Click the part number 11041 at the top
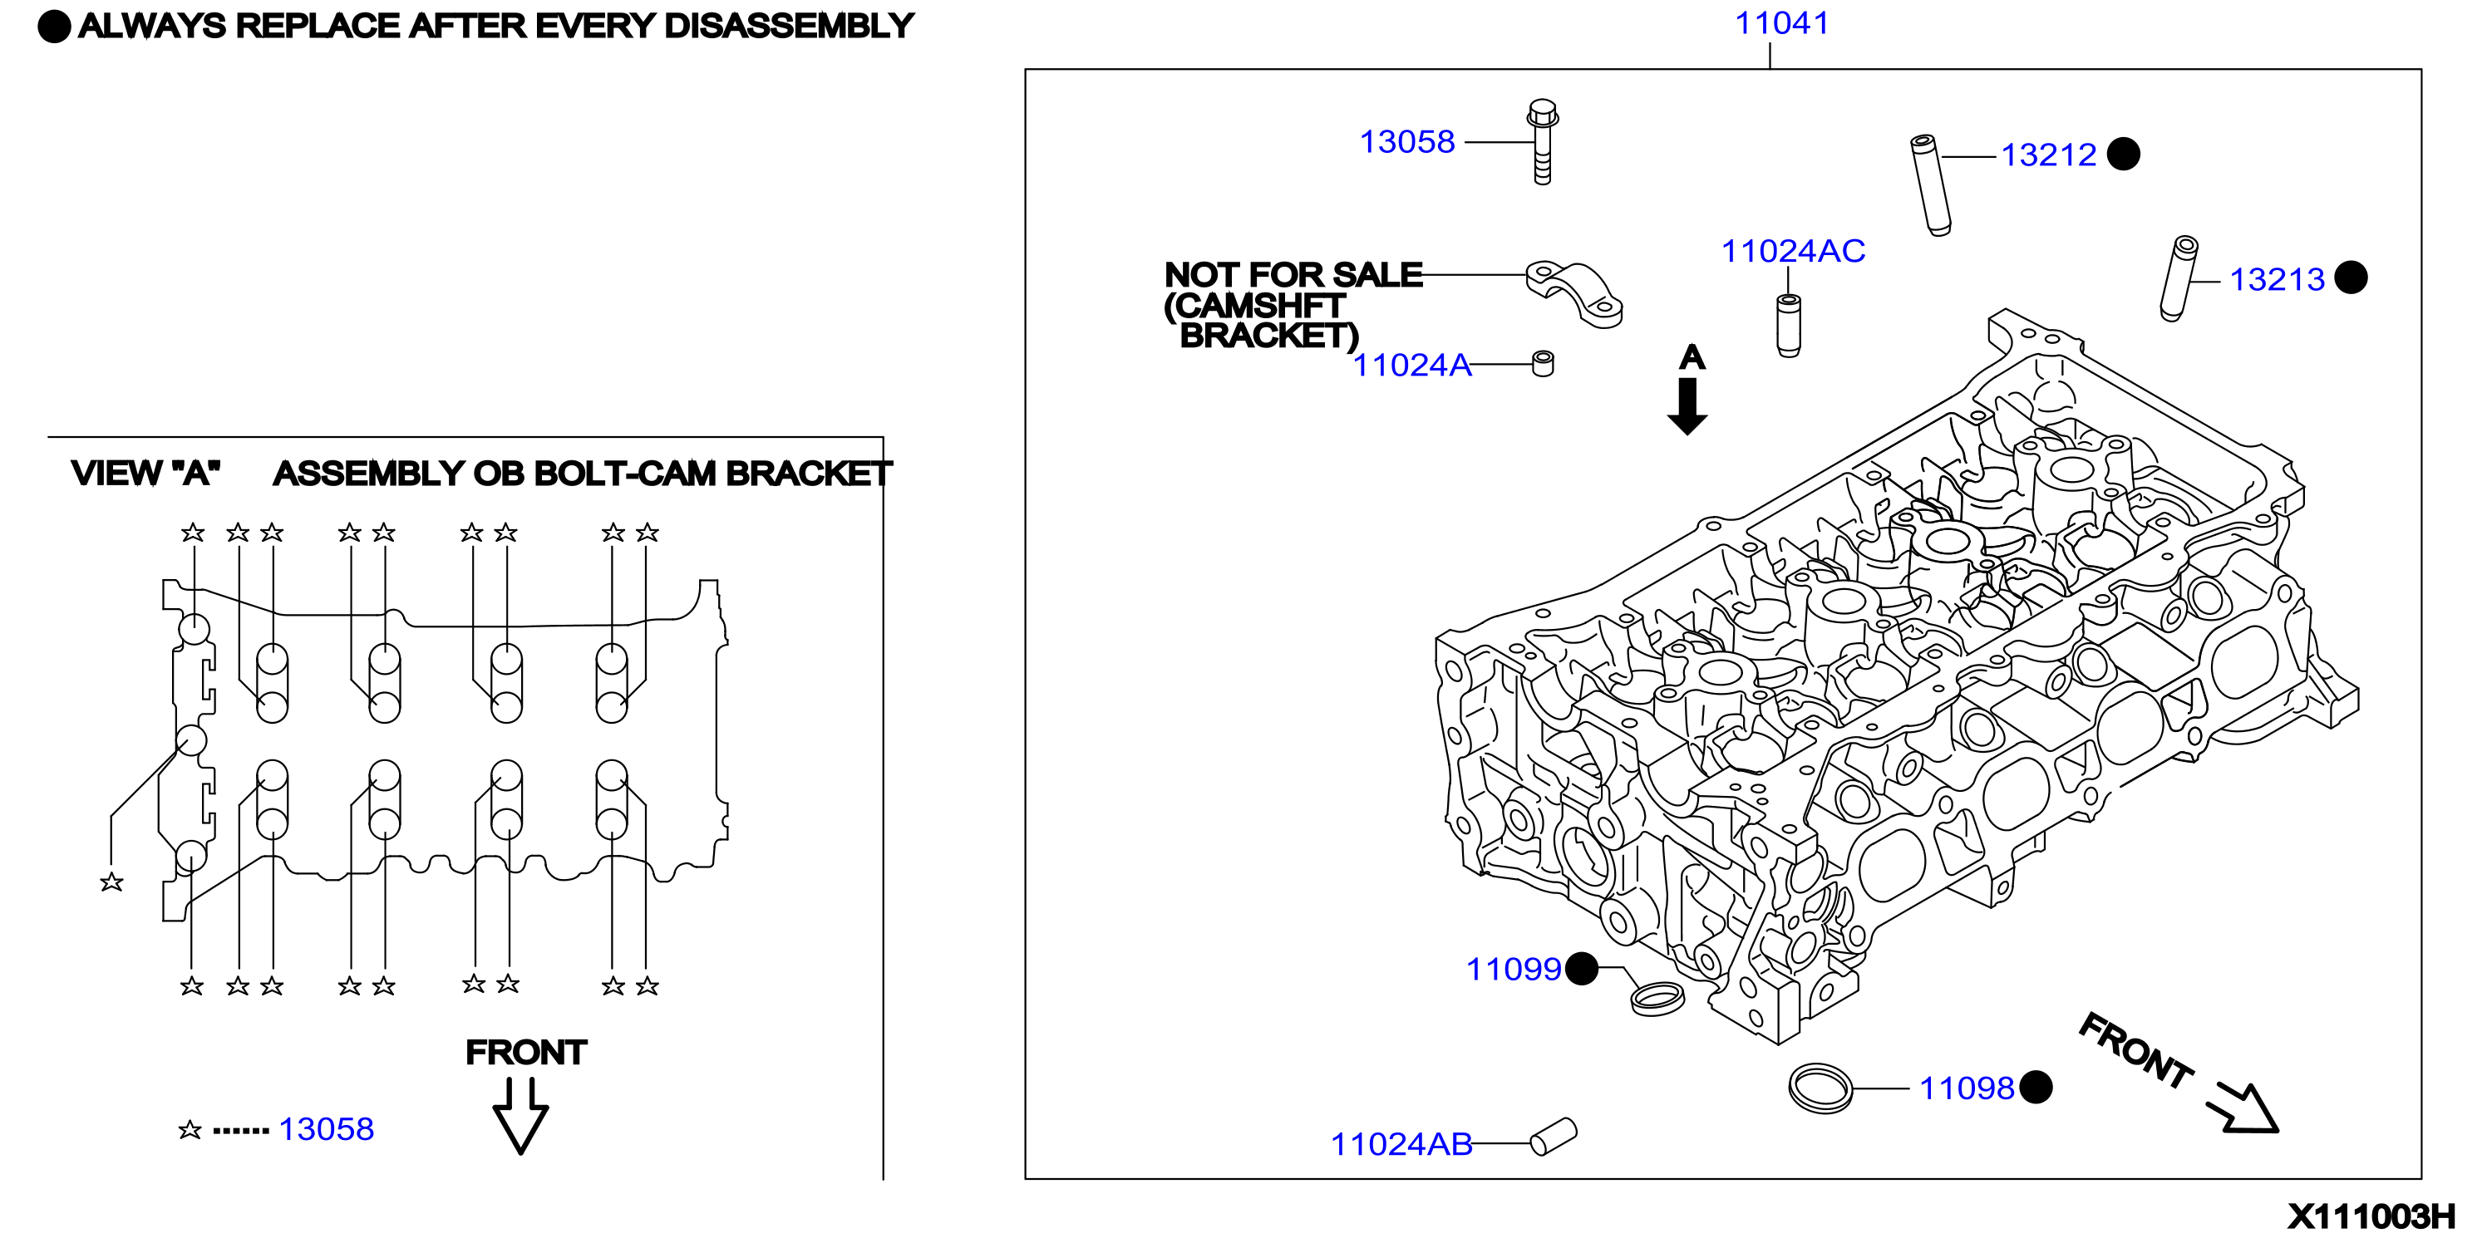pyautogui.click(x=1781, y=23)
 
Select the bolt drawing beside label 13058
pyautogui.click(x=1542, y=141)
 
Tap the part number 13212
pyautogui.click(x=2048, y=155)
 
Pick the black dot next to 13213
pyautogui.click(x=2351, y=278)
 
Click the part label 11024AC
pyautogui.click(x=1793, y=252)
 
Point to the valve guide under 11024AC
pyautogui.click(x=1788, y=326)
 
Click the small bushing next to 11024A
pyautogui.click(x=1543, y=364)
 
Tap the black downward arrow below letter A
pyautogui.click(x=1687, y=406)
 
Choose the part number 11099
pyautogui.click(x=1513, y=969)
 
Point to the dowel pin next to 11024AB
pyautogui.click(x=1554, y=1136)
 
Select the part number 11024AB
pyautogui.click(x=1402, y=1144)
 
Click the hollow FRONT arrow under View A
pyautogui.click(x=520, y=1116)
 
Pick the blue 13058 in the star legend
pyautogui.click(x=326, y=1129)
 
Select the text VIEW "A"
pyautogui.click(x=145, y=473)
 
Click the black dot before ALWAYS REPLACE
pyautogui.click(x=54, y=27)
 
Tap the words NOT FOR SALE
pyautogui.click(x=1293, y=274)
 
